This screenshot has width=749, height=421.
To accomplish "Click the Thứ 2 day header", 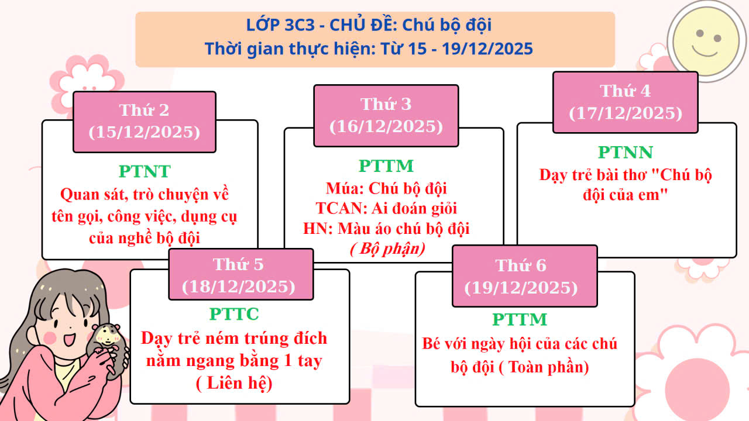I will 144,110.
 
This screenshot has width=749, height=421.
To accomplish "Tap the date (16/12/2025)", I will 386,126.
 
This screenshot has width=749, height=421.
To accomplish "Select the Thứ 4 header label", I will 625,91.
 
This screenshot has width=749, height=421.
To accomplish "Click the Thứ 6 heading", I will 521,265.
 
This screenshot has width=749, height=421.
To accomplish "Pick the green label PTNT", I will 145,171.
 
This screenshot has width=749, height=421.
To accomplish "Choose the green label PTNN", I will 625,153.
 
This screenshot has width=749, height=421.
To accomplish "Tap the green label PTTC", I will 234,314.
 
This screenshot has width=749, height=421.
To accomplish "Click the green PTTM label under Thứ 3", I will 386,166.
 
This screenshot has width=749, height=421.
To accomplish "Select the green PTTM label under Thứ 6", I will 520,320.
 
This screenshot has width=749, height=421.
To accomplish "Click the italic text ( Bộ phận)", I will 387,249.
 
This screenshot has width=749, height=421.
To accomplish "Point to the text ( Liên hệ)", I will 234,384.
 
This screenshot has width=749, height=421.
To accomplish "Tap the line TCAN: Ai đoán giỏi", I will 386,208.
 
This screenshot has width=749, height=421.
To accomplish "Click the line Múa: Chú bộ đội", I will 386,188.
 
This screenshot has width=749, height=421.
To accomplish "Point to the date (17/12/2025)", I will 626,113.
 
